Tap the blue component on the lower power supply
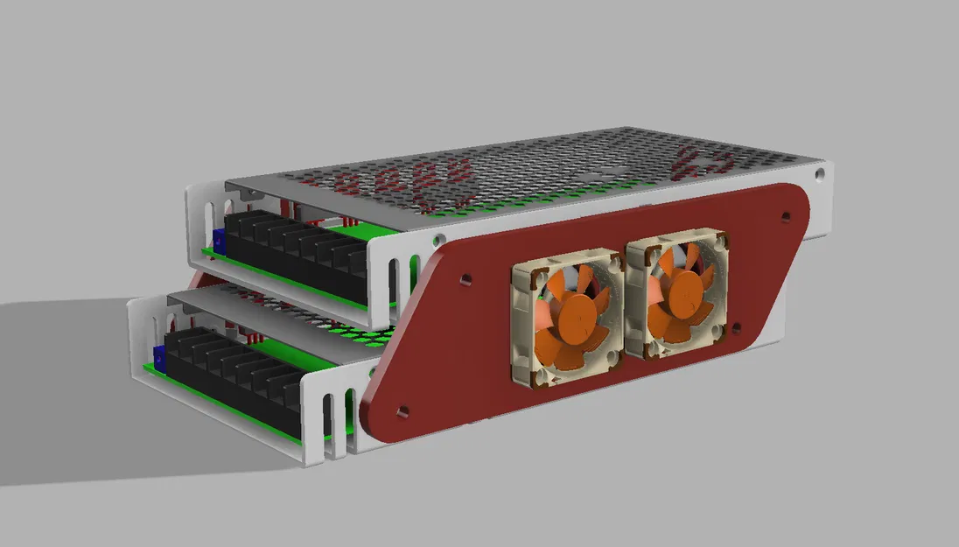(159, 355)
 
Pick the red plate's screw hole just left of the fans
(465, 282)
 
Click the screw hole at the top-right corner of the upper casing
(818, 174)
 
